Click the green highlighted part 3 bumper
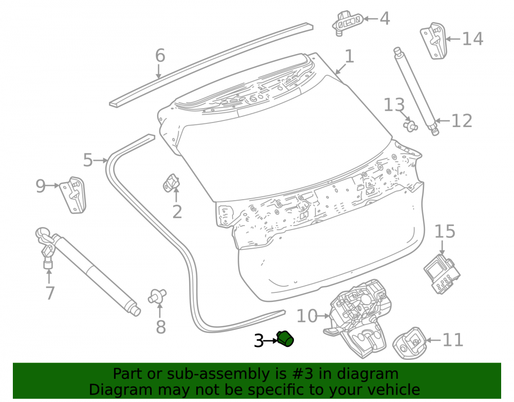click(285, 339)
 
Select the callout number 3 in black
click(259, 341)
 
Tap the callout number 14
click(472, 39)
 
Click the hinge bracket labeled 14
click(434, 41)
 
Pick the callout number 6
click(160, 55)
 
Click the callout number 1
click(350, 57)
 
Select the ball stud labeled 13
click(411, 126)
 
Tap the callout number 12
click(462, 121)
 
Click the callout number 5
click(88, 160)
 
